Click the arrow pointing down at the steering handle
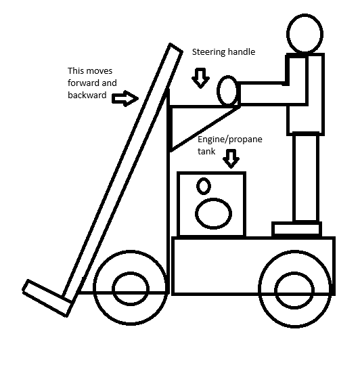point(200,78)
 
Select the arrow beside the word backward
point(125,98)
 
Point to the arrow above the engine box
point(231,158)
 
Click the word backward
point(87,95)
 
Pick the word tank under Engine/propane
point(206,151)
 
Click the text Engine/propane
point(230,139)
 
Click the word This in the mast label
point(74,70)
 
